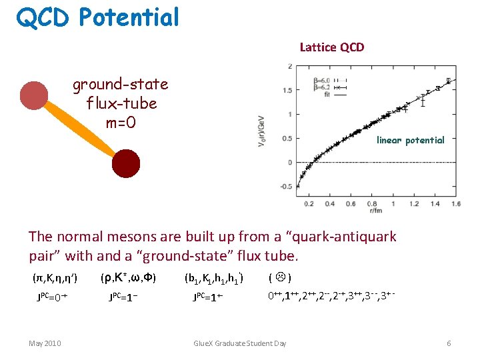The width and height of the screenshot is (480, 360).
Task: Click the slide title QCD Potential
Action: coord(98,17)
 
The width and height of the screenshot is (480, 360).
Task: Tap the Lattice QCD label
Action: coord(332,47)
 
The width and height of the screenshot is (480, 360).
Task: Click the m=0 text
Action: coord(121,123)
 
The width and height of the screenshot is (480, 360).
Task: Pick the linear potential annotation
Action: coord(410,140)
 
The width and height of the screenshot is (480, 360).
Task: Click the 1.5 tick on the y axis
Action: coord(286,90)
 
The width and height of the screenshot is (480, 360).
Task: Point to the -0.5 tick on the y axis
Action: coord(285,187)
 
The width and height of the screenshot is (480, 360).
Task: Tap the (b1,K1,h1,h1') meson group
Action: coord(213,277)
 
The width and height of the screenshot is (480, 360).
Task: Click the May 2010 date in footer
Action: coord(45,343)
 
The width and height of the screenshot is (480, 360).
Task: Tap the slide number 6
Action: coord(449,343)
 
